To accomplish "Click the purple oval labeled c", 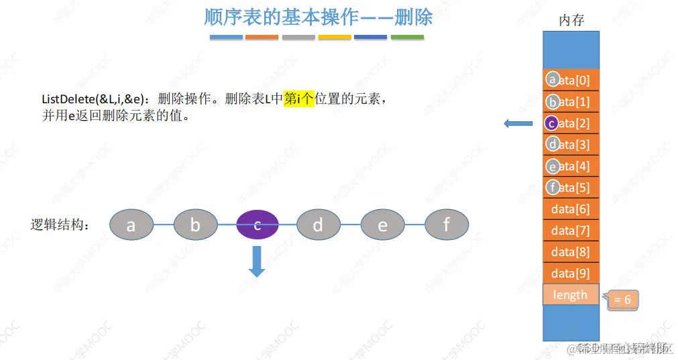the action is tap(257, 225).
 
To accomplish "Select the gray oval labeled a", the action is tap(131, 225).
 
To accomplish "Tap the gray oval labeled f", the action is tap(447, 225).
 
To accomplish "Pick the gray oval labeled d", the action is tap(318, 225).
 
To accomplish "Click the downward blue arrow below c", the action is tap(257, 261).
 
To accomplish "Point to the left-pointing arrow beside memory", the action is tap(518, 123).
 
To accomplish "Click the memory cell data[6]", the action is tap(571, 209).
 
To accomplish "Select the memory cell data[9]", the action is tap(571, 274).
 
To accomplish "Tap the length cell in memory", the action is tap(570, 295).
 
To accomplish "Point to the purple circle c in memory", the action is tap(551, 123).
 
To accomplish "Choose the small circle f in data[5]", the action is tap(552, 188).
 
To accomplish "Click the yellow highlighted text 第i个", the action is tap(299, 99).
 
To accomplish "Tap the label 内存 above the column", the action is tap(571, 21).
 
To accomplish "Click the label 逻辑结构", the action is tap(60, 225).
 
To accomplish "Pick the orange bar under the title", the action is tap(262, 37).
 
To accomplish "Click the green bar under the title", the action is tap(407, 37).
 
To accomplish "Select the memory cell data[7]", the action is tap(571, 231).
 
